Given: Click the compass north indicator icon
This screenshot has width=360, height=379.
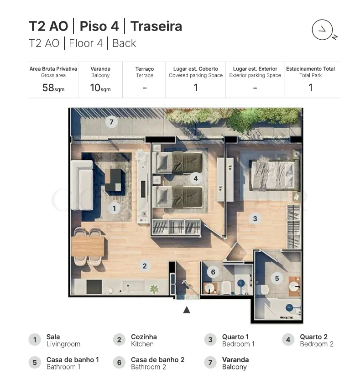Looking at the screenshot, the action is tap(324, 30).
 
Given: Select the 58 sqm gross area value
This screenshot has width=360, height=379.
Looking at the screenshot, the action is tap(53, 88).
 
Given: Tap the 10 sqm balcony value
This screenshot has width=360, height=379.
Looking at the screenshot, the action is tap(100, 88).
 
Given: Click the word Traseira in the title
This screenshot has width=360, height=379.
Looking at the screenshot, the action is tap(156, 26).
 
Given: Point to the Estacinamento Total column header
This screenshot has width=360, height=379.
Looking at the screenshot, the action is tap(310, 69).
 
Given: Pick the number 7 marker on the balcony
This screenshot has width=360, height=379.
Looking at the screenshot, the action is tap(111, 122).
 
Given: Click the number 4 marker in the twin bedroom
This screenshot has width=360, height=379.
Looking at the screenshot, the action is tap(196, 178).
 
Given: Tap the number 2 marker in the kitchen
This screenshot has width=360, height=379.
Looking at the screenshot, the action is tap(145, 266).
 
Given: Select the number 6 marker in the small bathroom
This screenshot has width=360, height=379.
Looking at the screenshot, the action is tap(213, 272).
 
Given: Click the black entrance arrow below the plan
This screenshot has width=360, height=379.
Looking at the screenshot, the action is tap(187, 310).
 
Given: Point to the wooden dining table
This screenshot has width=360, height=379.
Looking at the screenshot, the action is tap(88, 246).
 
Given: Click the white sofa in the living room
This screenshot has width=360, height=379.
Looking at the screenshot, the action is tap(82, 185).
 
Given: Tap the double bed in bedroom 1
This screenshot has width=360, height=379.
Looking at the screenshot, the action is tap(273, 176).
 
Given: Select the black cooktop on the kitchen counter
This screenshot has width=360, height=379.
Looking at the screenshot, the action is tap(94, 287).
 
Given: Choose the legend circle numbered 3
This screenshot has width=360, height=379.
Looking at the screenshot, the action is tap(210, 340).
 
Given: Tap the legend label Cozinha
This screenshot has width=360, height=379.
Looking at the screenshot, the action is tap(144, 337).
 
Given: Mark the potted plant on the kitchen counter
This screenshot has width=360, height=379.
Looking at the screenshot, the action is tap(154, 289).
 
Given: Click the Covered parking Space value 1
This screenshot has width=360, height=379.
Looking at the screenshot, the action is tap(196, 88).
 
